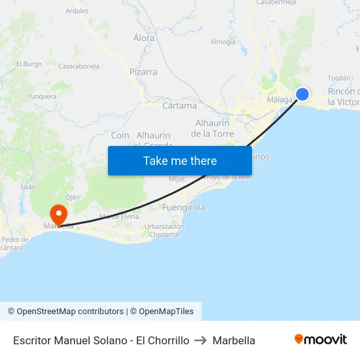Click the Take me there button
tap(180, 160)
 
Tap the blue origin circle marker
tap(302, 94)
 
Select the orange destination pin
tap(58, 215)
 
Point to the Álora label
tap(144, 38)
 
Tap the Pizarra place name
tap(143, 72)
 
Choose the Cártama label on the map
tap(179, 105)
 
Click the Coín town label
tap(120, 135)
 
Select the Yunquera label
tap(42, 96)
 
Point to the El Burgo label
tap(28, 63)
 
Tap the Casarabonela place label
tap(79, 66)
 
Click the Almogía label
tap(223, 42)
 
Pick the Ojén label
tap(73, 197)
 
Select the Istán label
tap(28, 187)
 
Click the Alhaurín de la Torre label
tap(212, 128)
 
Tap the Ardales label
tap(77, 11)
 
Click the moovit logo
tap(321, 340)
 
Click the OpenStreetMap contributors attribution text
tap(70, 312)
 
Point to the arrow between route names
tap(201, 340)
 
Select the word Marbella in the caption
tap(234, 340)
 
